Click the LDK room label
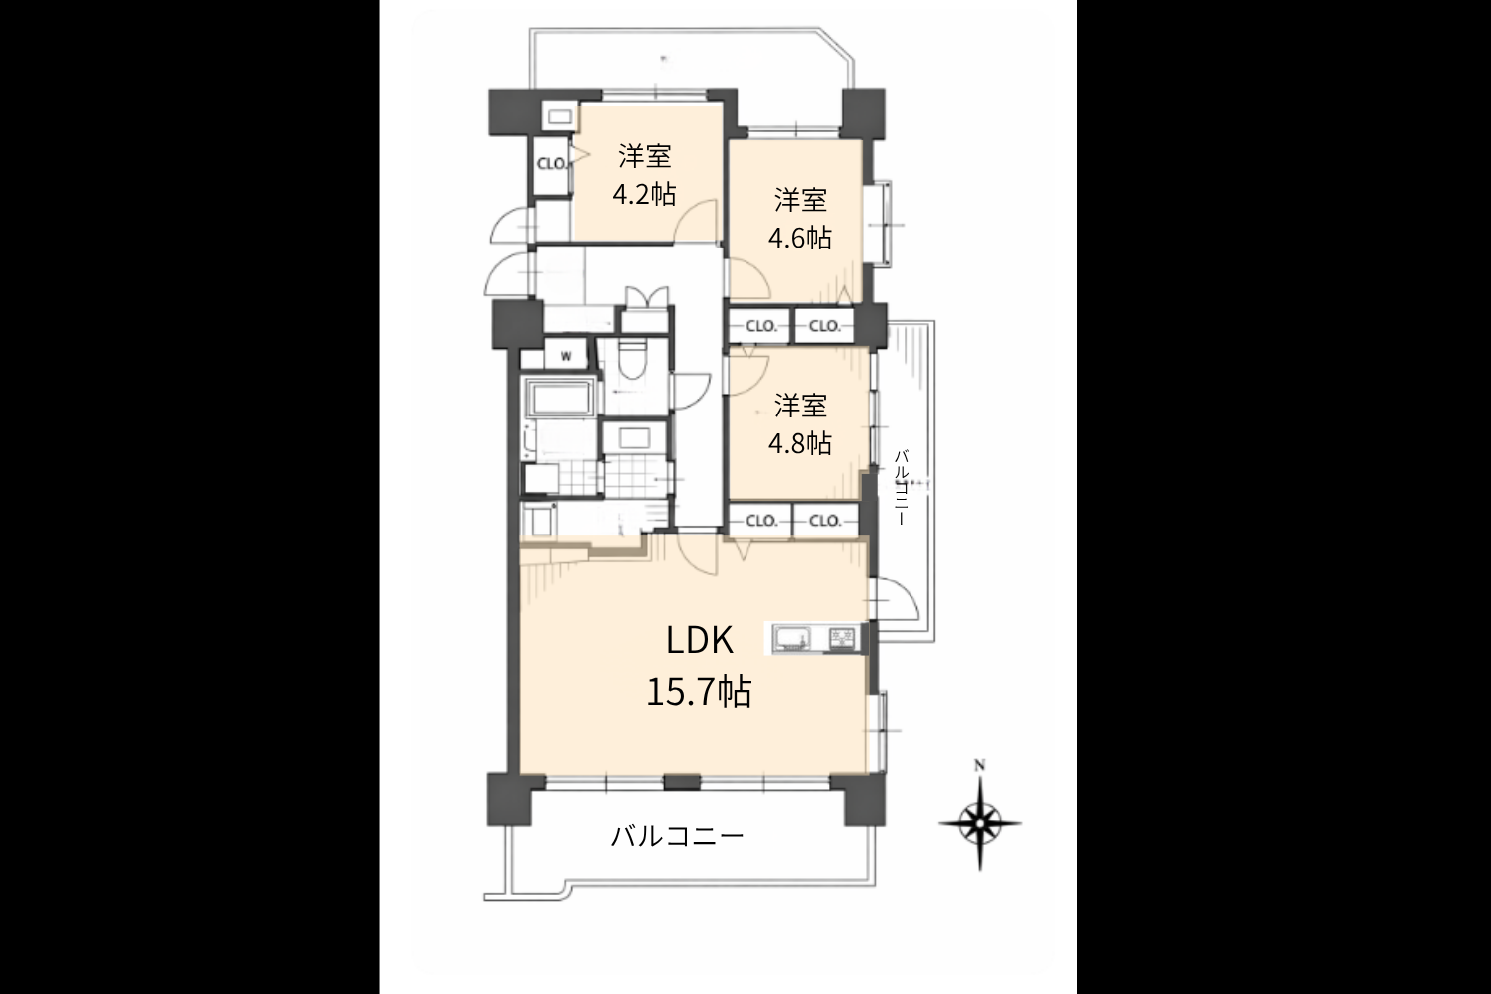[700, 641]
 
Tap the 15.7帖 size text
[700, 692]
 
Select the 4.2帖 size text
[644, 195]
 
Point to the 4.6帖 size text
[800, 238]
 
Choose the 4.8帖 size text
[800, 443]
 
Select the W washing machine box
[566, 355]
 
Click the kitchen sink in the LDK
[792, 639]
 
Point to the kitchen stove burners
[842, 639]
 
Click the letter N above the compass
[980, 766]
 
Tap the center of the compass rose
[980, 824]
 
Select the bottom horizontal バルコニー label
[677, 836]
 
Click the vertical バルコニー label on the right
[902, 488]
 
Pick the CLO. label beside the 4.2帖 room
[552, 164]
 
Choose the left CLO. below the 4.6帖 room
[761, 326]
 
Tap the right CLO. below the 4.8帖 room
[825, 521]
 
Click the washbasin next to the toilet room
[634, 438]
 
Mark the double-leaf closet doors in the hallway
[647, 296]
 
